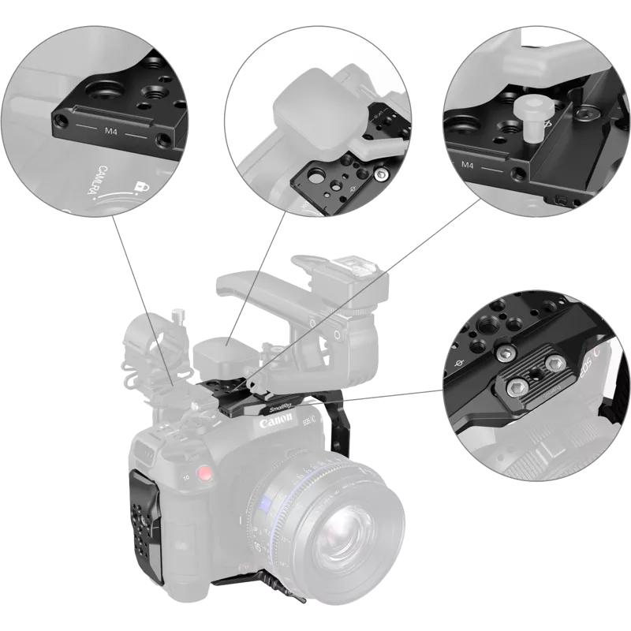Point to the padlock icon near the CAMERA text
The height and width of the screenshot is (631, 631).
pyautogui.click(x=143, y=185)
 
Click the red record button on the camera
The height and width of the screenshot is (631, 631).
pyautogui.click(x=206, y=476)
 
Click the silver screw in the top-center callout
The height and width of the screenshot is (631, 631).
pyautogui.click(x=382, y=173)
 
